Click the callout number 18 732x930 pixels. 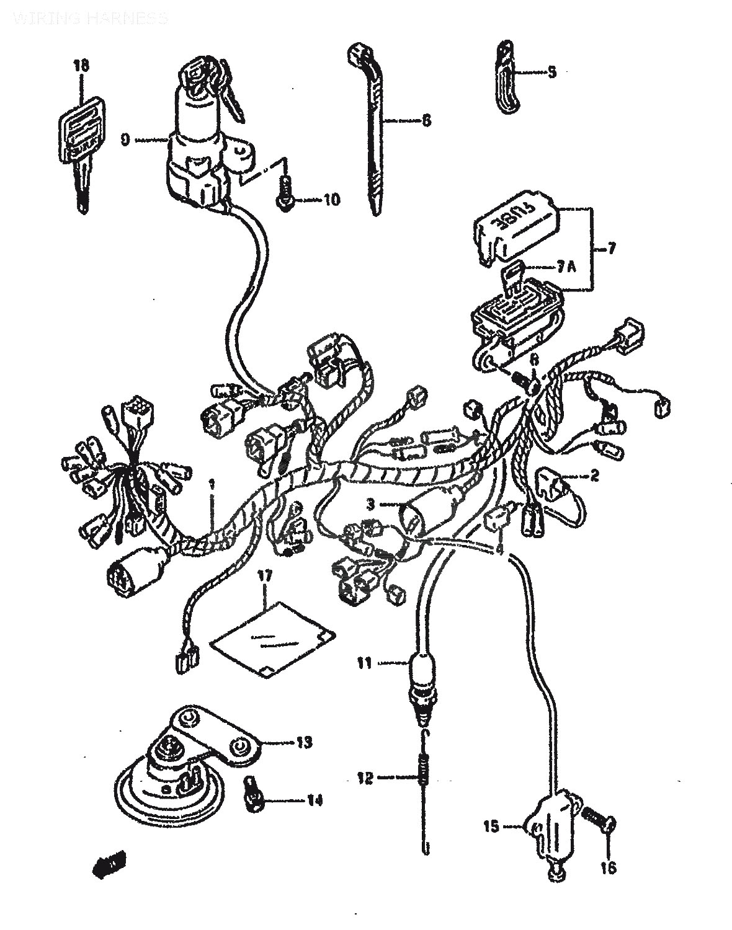(x=81, y=64)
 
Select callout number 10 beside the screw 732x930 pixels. (x=331, y=200)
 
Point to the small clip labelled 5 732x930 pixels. (x=507, y=77)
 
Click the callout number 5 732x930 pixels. (x=551, y=72)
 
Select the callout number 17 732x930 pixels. (x=265, y=576)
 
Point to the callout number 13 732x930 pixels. (x=305, y=742)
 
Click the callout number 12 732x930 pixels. (x=366, y=777)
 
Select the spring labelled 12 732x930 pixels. (x=423, y=775)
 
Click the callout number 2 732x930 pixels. (x=594, y=476)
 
